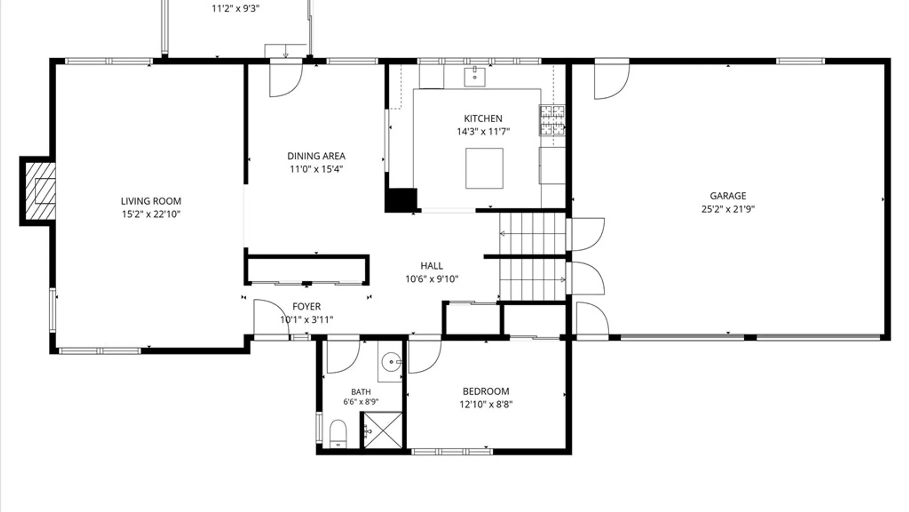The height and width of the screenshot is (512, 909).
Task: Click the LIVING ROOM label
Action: (151, 201)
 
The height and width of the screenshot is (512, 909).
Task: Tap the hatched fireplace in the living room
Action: (40, 191)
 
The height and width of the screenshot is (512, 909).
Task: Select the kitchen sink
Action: (474, 77)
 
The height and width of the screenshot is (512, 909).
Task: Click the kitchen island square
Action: (484, 168)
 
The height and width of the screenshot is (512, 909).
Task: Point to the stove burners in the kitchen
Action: (552, 120)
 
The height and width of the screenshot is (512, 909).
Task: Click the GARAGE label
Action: (728, 196)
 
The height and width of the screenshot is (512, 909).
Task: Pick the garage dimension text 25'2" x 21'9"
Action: (728, 209)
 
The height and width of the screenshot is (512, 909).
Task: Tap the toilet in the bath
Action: (338, 434)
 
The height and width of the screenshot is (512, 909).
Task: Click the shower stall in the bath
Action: (382, 430)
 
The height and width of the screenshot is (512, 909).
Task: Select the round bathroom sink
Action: (391, 363)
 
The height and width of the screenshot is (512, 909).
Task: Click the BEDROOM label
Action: (486, 392)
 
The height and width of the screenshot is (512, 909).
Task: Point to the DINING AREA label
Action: (316, 156)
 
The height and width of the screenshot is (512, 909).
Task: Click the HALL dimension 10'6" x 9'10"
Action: (432, 279)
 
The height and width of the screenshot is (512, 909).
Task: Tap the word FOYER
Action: (307, 307)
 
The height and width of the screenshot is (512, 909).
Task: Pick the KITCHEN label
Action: (483, 119)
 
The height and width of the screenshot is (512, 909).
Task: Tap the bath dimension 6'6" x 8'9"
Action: (361, 402)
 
